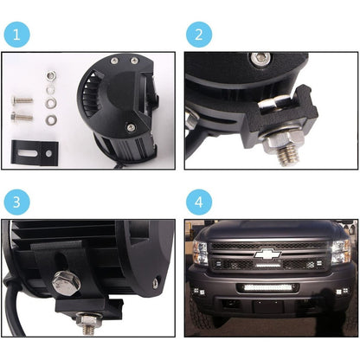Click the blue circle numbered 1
(16, 35)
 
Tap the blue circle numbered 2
(199, 35)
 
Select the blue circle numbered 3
(16, 202)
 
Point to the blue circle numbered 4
(199, 202)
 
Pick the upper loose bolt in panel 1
(22, 100)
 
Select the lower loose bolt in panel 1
(22, 117)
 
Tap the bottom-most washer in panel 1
(51, 119)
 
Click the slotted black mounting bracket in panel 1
(35, 152)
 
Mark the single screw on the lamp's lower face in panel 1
(131, 126)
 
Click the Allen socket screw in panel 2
(260, 57)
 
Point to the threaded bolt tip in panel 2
(287, 155)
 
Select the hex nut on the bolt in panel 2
(284, 139)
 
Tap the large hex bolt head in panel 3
(67, 282)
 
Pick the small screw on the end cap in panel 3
(156, 283)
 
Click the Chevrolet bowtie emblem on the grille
(267, 254)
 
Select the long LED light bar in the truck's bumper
(267, 287)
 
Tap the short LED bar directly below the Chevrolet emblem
(268, 265)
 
